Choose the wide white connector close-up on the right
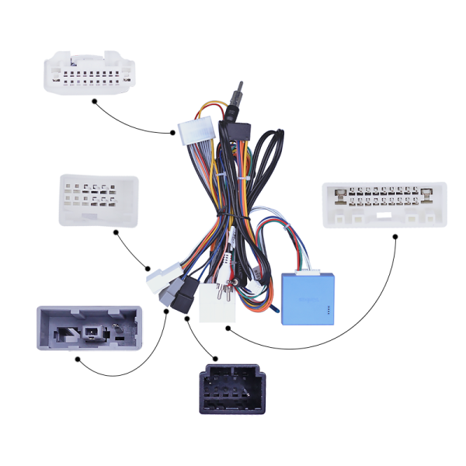[x=385, y=204]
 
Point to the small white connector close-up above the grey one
[x=98, y=200]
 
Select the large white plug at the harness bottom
[x=215, y=303]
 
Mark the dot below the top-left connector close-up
[x=94, y=100]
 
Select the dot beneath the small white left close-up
[x=115, y=231]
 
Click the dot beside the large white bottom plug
[x=228, y=326]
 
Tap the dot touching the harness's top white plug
[x=173, y=133]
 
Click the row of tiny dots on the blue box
[x=329, y=312]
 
